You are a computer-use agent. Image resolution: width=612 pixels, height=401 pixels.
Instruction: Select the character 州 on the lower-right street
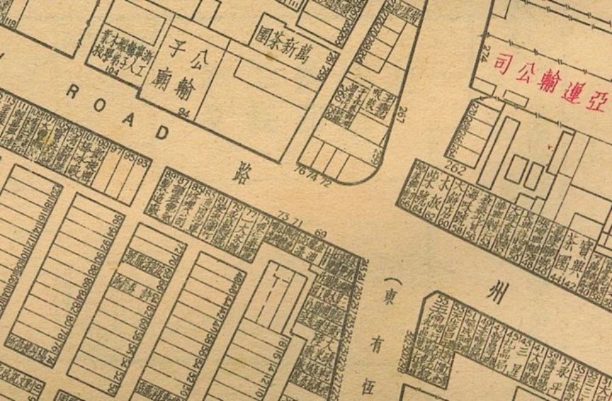pyautogui.click(x=499, y=290)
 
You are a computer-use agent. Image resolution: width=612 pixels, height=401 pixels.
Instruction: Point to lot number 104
pyautogui.click(x=110, y=71)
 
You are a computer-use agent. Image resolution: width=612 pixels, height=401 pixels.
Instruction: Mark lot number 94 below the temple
pyautogui.click(x=186, y=112)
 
